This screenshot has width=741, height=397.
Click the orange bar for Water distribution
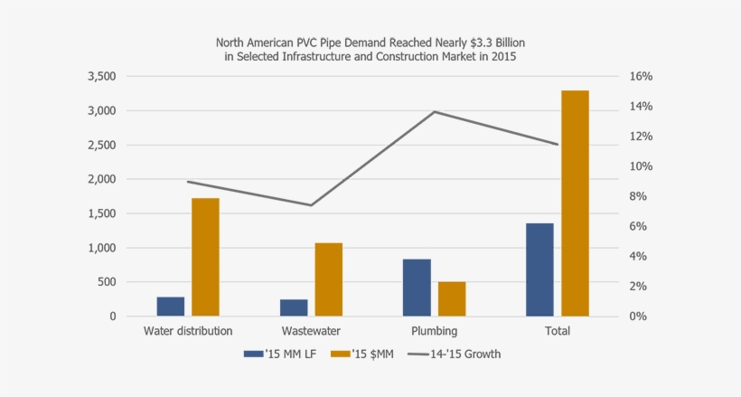(205, 257)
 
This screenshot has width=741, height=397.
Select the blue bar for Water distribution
(170, 307)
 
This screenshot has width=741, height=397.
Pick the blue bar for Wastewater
(294, 307)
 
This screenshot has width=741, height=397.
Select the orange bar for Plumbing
(452, 299)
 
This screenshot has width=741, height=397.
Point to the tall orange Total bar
(575, 203)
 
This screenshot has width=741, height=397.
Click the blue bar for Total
(539, 269)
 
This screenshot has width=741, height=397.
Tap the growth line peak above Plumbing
(435, 111)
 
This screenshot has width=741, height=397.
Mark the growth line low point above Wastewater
(311, 205)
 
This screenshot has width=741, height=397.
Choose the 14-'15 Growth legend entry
(454, 354)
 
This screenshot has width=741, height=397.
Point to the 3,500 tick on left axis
(101, 77)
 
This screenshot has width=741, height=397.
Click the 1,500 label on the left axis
(101, 214)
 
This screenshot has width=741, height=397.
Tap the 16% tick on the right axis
(640, 77)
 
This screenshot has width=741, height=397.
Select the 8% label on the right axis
(638, 197)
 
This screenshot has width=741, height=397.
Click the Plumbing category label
(434, 331)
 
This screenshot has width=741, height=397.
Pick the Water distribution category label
(188, 331)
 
